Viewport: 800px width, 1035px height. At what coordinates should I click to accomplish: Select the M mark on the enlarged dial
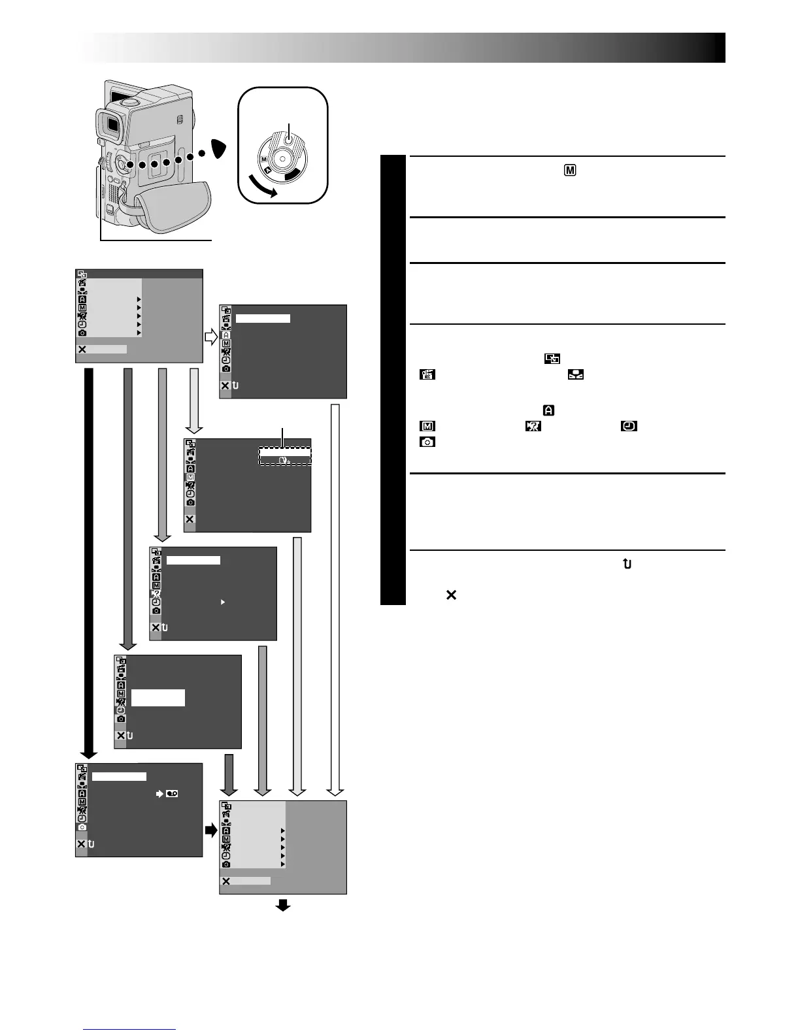coord(264,159)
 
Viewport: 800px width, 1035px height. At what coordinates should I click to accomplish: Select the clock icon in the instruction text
coord(629,426)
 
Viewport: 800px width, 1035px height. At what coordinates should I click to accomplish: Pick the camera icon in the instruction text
coord(427,442)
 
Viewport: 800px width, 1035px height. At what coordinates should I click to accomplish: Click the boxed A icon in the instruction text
coord(549,410)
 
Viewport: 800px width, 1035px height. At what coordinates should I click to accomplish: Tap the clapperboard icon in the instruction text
coord(427,375)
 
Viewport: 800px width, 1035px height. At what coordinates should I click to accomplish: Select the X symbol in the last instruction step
coord(450,595)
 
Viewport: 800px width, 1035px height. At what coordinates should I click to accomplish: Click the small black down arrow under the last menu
coord(283,905)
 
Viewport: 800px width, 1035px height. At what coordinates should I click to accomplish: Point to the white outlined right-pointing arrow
coord(211,338)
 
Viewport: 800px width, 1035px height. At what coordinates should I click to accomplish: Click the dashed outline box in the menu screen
coord(285,455)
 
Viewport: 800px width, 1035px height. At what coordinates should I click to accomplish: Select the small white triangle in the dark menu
coord(223,602)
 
